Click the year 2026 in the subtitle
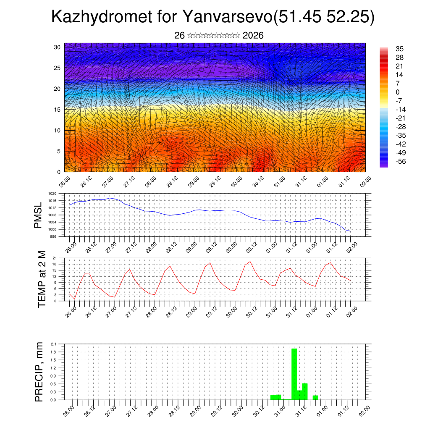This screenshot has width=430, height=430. (x=253, y=36)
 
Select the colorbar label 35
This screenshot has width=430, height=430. (x=400, y=49)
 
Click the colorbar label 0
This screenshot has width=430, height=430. (x=398, y=92)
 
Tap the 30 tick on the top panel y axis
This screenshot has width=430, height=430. (x=57, y=47)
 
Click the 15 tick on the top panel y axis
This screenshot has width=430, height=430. (x=57, y=110)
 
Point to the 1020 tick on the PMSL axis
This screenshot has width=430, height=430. (x=52, y=194)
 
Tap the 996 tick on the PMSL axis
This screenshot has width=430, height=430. (x=53, y=236)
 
